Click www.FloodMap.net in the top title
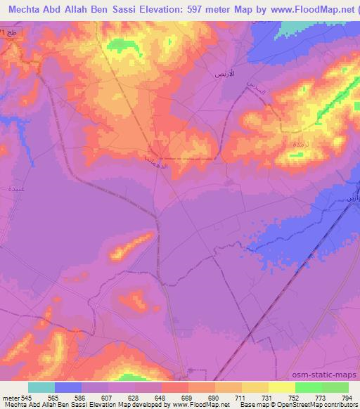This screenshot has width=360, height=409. coord(309,10)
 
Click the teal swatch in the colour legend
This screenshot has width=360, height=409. coord(41,387)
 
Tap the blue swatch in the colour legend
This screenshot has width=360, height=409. coord(68,387)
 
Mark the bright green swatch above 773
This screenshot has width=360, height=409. coord(308,387)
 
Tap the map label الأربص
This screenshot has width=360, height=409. coord(224,74)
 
